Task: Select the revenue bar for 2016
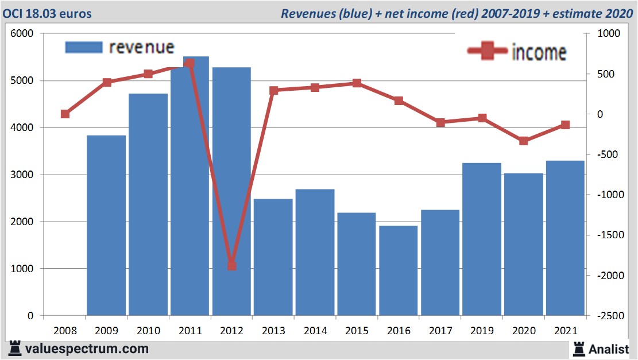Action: pos(399,270)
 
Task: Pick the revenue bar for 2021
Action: pos(565,238)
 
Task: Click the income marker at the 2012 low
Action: pos(231,265)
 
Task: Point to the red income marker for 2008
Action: pos(65,114)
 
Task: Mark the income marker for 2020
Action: pos(523,141)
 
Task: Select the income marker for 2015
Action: pos(357,83)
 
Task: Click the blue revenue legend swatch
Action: pos(84,47)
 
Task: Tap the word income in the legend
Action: pos(539,52)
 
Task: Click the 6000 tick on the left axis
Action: pos(22,34)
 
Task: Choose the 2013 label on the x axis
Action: pos(274,331)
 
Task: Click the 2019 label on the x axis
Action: pos(482,331)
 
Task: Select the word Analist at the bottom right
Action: pos(609,349)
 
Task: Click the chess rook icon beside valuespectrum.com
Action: pos(15,348)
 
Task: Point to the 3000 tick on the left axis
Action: pos(22,175)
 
